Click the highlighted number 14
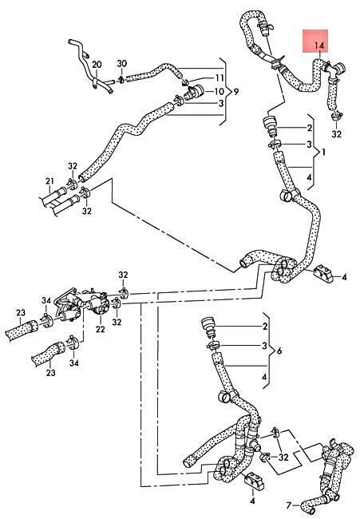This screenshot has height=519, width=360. tap(319, 46)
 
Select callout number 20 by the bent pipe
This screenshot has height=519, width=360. tap(97, 64)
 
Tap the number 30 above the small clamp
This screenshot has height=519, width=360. tap(122, 63)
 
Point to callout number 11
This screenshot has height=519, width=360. tap(220, 78)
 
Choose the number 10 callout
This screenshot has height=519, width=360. tap(220, 91)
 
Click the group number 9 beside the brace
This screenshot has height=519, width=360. tap(235, 91)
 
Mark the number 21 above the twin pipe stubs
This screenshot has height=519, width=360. tap(49, 181)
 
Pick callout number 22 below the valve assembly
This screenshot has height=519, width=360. tap(101, 329)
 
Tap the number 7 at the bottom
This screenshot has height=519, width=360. tap(289, 505)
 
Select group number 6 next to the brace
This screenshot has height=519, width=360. tap(279, 351)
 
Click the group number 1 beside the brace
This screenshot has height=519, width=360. tap(323, 153)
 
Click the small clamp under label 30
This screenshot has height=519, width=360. tap(121, 79)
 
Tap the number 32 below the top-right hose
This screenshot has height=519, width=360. tap(336, 134)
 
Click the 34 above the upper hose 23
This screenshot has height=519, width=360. tap(46, 300)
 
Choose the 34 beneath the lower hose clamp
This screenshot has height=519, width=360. tap(74, 363)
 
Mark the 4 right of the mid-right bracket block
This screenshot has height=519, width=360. tap(344, 277)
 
